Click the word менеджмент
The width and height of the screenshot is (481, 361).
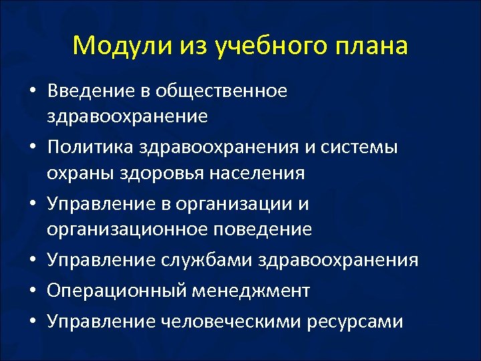tap(250, 290)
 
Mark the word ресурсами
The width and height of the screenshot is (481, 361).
tap(355, 322)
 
